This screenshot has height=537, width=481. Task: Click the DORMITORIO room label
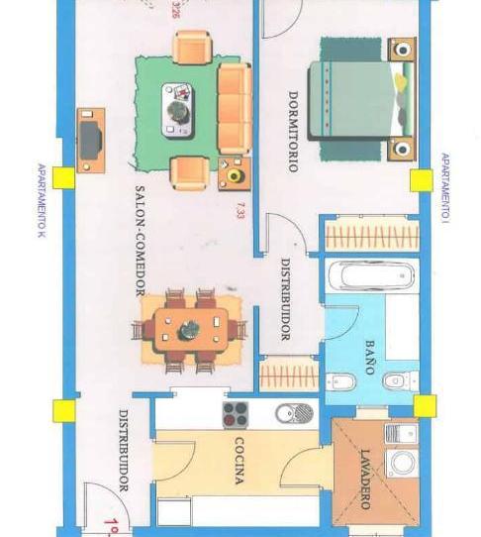point(293,132)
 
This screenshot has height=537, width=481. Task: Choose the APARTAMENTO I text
point(444,187)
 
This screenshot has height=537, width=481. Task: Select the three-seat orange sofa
point(234,108)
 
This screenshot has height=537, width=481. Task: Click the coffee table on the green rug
point(178,108)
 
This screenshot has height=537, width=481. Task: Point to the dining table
point(193,328)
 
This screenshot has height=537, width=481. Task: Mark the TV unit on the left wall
point(90,137)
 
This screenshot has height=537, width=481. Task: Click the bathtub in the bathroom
point(371,276)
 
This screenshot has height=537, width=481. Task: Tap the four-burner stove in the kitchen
point(236,414)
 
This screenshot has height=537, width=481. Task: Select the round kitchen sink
point(301,412)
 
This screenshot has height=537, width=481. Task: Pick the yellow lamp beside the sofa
point(235,175)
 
